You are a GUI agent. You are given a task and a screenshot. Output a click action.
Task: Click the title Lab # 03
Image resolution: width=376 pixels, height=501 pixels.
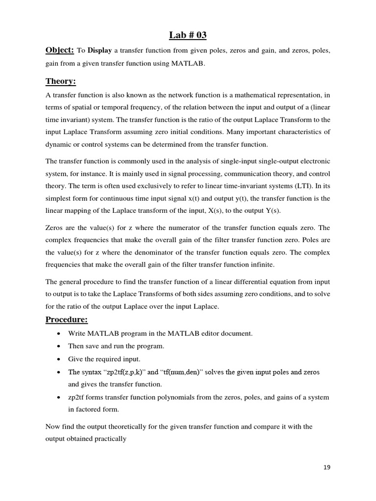188,34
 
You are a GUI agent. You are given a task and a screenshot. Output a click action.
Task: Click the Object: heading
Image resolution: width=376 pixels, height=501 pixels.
60,50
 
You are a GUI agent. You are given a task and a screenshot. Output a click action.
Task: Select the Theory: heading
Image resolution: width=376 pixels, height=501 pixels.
61,81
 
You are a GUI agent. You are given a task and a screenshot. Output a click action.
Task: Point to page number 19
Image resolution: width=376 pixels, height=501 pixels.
327,467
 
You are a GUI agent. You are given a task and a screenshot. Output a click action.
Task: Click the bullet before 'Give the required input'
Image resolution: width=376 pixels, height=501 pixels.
59,359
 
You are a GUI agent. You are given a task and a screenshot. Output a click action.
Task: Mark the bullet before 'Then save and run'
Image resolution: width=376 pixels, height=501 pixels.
59,346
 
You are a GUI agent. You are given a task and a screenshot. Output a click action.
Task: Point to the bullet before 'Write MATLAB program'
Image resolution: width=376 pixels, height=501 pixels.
59,334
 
